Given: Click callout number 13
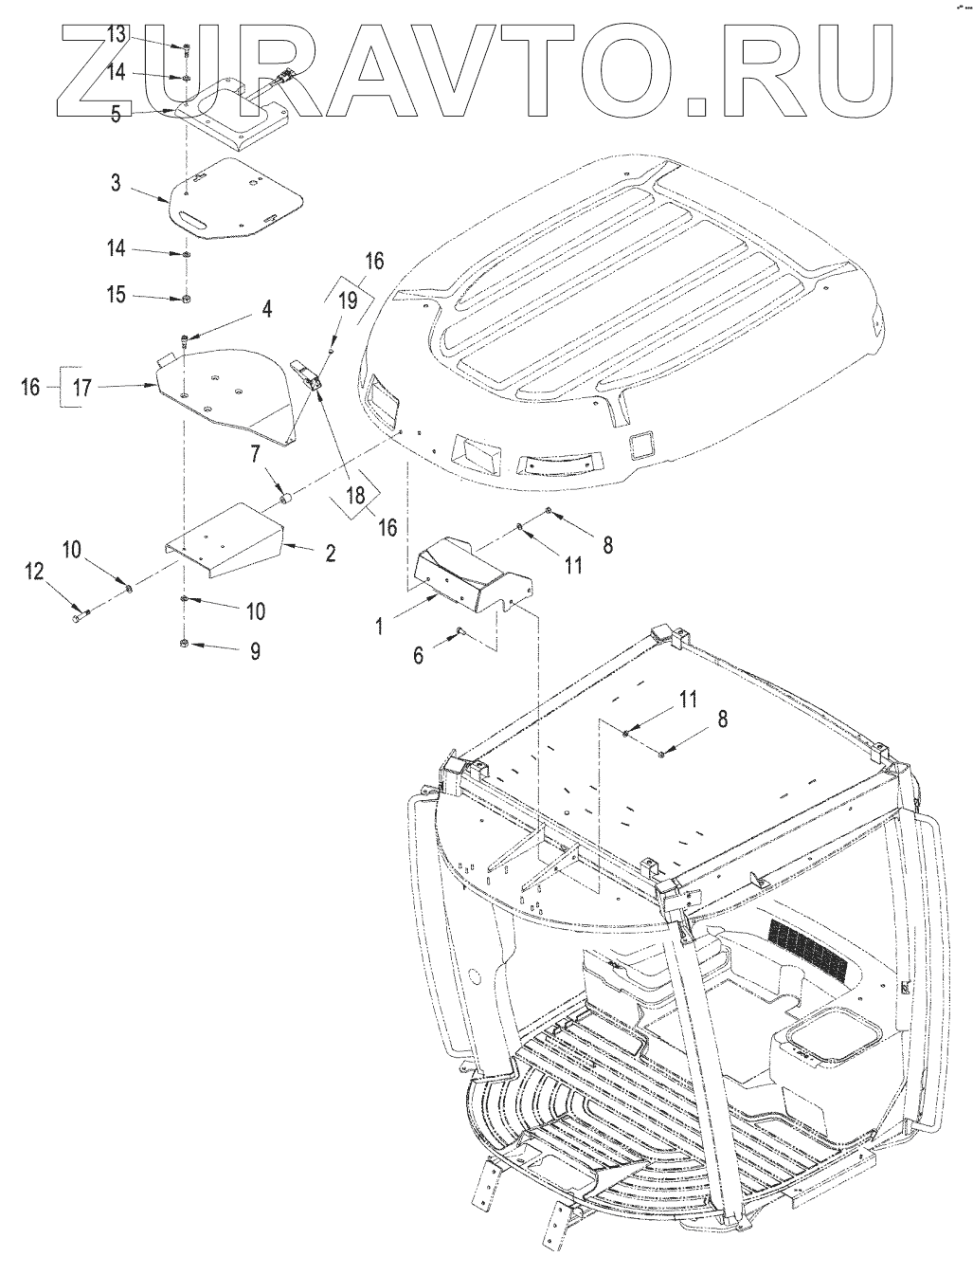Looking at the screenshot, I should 116,35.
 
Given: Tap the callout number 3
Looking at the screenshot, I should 116,182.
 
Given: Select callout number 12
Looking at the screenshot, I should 34,571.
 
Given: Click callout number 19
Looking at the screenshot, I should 347,301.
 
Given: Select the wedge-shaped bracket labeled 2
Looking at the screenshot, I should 227,543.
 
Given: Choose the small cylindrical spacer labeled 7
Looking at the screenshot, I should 282,497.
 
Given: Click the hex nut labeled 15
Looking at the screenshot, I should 187,299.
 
